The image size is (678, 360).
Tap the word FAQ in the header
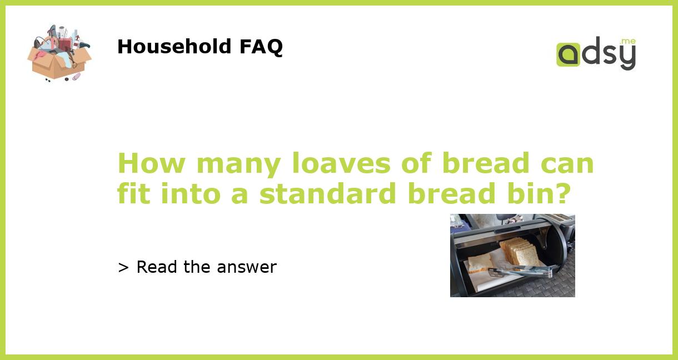[261, 47]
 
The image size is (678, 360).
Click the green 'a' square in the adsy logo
[568, 55]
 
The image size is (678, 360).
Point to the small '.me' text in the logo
[628, 42]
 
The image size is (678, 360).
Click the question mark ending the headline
[562, 193]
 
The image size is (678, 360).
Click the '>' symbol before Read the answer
[123, 268]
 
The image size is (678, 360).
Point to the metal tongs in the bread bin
[520, 272]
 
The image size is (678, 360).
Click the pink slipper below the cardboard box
[76, 77]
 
